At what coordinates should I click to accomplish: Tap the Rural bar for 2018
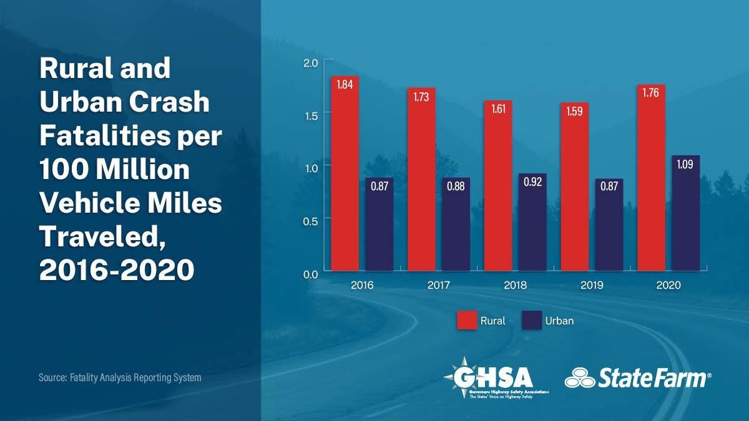pyautogui.click(x=498, y=187)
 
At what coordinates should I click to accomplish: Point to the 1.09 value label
pyautogui.click(x=685, y=166)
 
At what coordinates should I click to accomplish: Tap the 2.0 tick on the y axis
pyautogui.click(x=311, y=62)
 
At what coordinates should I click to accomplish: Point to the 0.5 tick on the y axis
pyautogui.click(x=311, y=220)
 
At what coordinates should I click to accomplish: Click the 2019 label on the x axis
pyautogui.click(x=592, y=286)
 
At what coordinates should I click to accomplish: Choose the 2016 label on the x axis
pyautogui.click(x=362, y=286)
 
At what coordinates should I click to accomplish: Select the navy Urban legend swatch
pyautogui.click(x=532, y=321)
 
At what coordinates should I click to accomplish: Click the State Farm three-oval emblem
pyautogui.click(x=579, y=378)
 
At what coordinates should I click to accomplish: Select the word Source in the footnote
pyautogui.click(x=51, y=378)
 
